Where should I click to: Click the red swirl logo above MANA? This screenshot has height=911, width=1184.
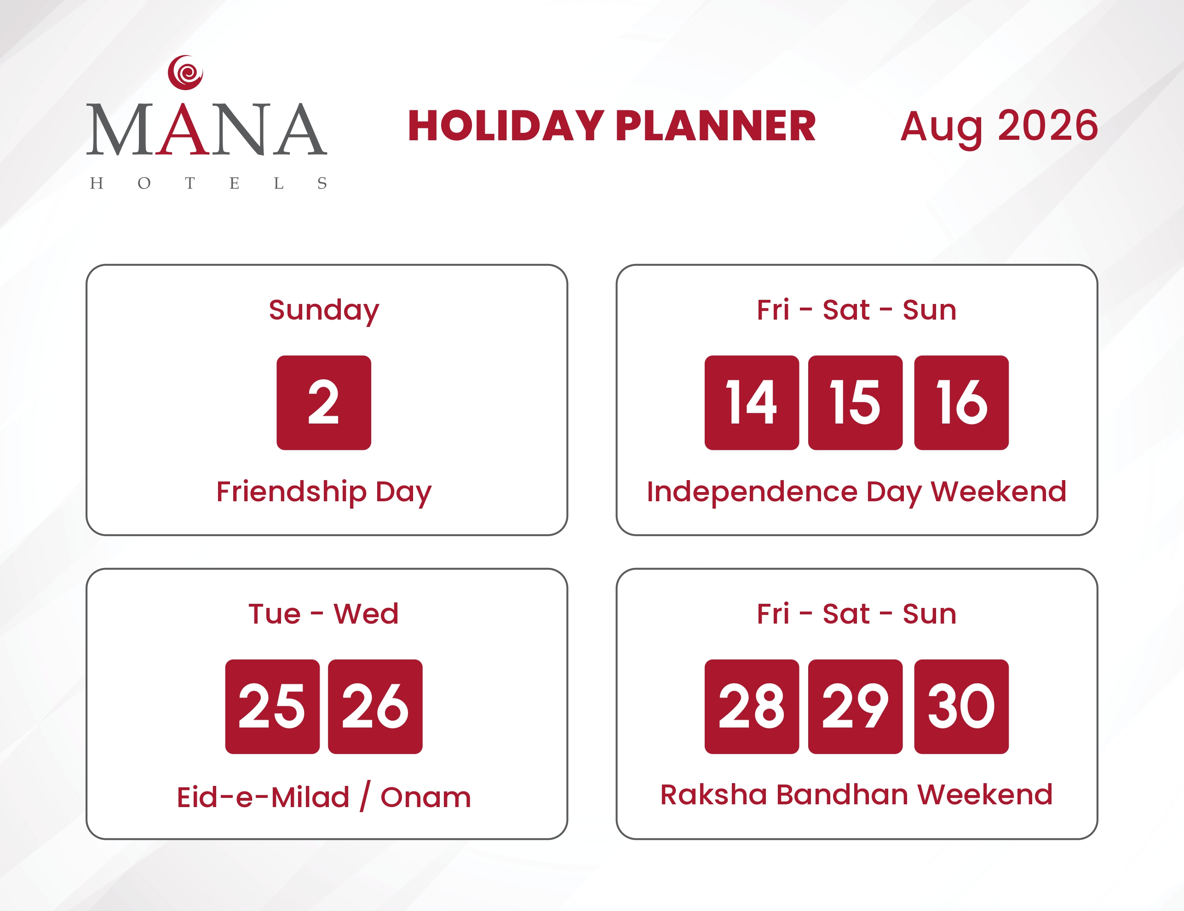pos(185,73)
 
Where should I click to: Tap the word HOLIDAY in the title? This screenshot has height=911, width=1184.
pos(506,126)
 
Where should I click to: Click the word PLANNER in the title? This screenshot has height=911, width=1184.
pos(716,126)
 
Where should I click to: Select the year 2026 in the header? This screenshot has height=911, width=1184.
pos(1048,126)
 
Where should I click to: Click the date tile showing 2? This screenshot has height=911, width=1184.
pos(324,403)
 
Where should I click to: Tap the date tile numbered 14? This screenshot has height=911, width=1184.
pos(752,403)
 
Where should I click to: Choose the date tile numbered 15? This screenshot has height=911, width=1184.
pos(856,403)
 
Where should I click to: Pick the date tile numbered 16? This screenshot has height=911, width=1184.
pos(961,403)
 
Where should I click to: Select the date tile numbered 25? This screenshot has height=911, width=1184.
pos(273,707)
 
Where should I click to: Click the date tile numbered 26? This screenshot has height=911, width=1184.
pos(375,707)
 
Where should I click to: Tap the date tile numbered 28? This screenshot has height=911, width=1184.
pos(752,707)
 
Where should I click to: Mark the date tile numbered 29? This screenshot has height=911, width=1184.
pos(856,707)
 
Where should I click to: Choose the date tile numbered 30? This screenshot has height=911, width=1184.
pos(961,707)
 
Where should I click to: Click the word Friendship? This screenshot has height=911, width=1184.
pos(291,493)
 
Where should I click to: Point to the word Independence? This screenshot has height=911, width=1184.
pos(753,493)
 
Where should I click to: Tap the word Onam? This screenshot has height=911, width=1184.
pos(425,798)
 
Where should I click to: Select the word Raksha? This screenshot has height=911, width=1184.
pos(713,795)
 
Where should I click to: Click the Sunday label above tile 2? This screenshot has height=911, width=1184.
pos(324,311)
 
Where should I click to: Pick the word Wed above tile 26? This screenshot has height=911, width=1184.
pos(366,614)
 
